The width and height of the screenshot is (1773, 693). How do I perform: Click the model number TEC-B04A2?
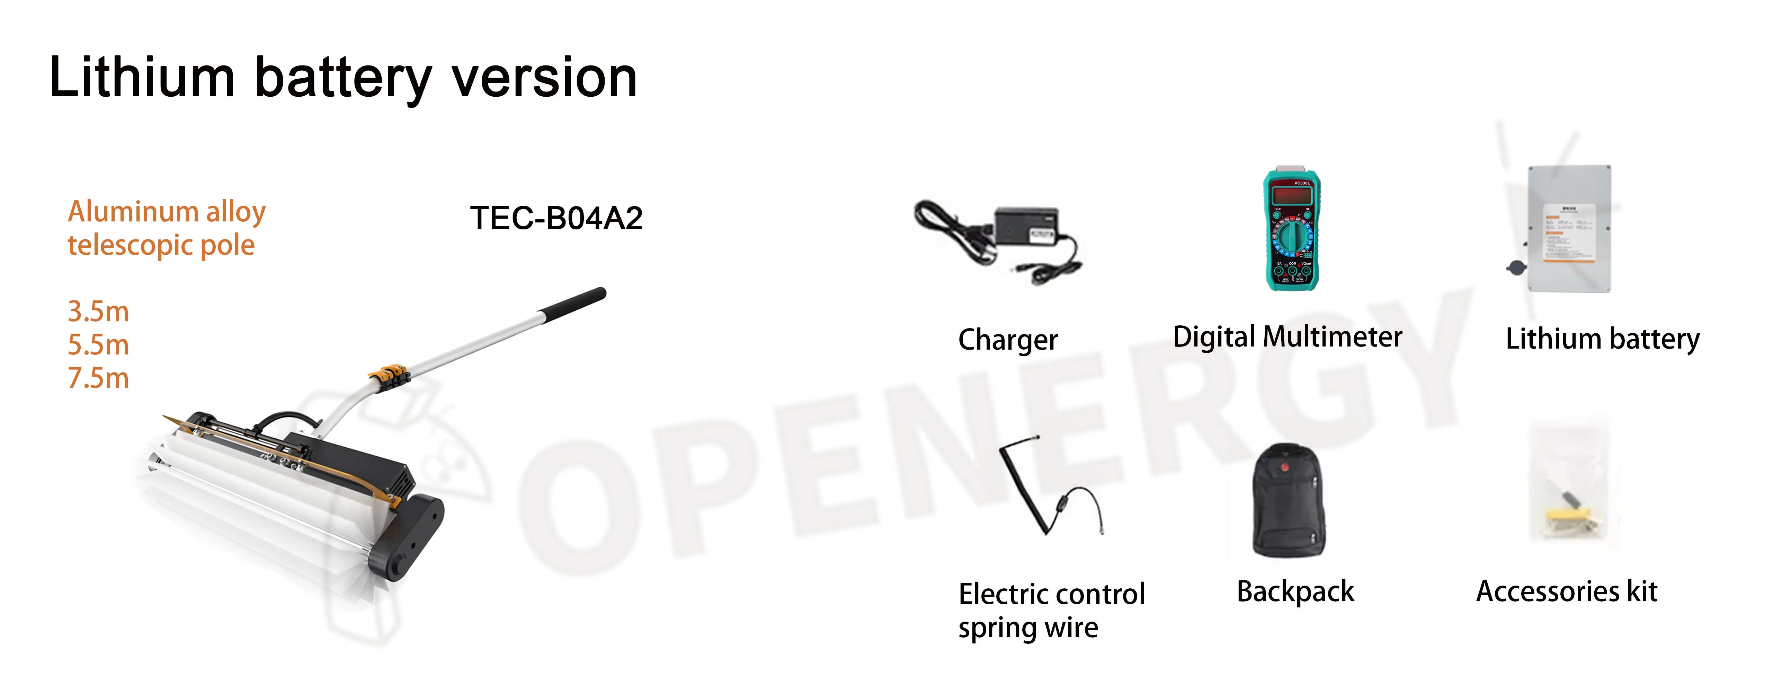[556, 218]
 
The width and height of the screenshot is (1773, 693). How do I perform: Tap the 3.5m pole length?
[98, 312]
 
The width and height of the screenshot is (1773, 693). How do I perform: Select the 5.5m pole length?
[98, 344]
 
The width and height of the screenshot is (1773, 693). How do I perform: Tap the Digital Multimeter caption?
[1287, 337]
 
